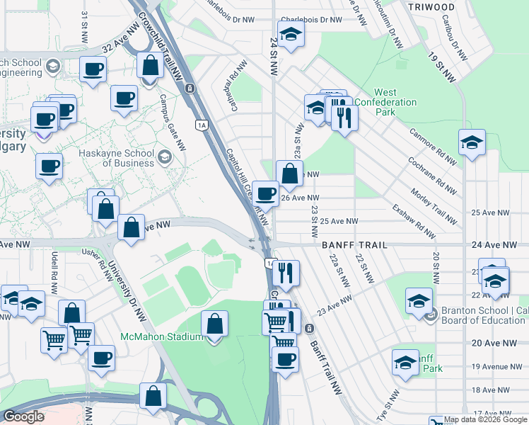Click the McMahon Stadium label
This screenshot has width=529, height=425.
pos(161,336)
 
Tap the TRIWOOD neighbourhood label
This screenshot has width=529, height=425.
pos(432,6)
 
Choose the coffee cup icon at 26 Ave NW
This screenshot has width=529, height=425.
pos(265,193)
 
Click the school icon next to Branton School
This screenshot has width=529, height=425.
pos(419,301)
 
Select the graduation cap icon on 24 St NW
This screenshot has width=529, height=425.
pos(290,33)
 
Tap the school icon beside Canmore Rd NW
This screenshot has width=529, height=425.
pos(472,142)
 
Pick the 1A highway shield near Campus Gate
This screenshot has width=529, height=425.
pos(202,125)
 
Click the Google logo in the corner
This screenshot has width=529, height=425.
pos(24,416)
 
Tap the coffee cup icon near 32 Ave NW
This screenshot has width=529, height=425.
pos(93,69)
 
